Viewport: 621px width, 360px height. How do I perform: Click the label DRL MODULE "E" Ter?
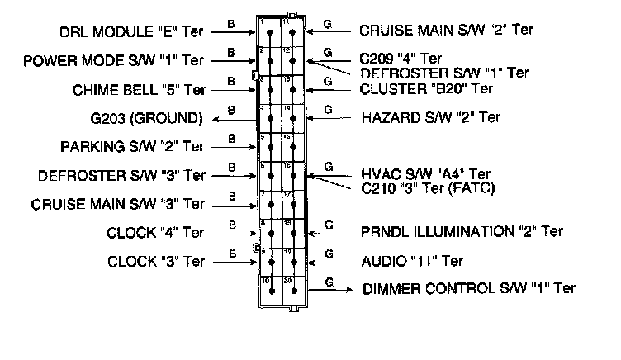coord(131,32)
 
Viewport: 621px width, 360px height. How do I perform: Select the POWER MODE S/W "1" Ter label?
coord(114,61)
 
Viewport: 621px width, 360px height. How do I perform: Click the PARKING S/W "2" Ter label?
coord(132,147)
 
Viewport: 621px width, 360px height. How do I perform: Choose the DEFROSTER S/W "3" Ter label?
coord(121,176)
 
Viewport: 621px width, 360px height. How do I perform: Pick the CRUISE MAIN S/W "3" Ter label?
coord(118,203)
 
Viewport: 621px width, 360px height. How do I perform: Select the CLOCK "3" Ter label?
coord(155,262)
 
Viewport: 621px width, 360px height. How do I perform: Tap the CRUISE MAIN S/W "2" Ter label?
coord(447,31)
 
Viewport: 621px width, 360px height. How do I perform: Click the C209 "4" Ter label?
coord(401,59)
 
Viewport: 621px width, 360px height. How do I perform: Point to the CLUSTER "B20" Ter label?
coord(426,88)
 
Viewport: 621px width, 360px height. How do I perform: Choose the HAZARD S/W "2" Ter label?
coord(430,117)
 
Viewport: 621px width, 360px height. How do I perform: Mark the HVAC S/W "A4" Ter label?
coord(425,175)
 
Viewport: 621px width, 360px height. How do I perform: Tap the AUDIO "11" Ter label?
coord(412,261)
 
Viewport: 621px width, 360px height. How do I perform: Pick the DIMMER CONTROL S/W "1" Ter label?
coord(469,289)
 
